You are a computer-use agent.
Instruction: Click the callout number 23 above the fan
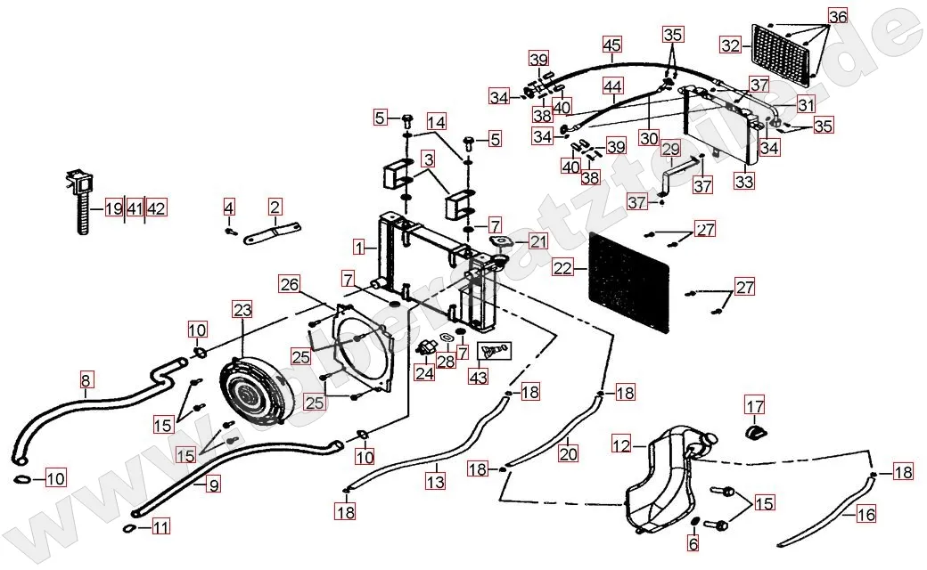(x=243, y=311)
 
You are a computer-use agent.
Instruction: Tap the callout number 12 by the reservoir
(x=621, y=444)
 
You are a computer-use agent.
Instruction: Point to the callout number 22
(x=562, y=266)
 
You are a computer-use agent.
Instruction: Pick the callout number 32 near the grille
(x=731, y=45)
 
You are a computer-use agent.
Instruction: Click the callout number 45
(x=611, y=45)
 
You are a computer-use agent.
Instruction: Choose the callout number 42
(x=156, y=209)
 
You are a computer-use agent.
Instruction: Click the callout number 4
(x=229, y=208)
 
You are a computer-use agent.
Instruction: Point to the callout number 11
(x=160, y=527)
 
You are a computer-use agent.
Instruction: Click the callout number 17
(x=755, y=408)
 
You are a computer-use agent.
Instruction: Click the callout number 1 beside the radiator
(x=357, y=245)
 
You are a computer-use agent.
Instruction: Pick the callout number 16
(x=865, y=514)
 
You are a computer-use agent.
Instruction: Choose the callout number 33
(x=743, y=181)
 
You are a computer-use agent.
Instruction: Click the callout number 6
(x=694, y=543)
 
